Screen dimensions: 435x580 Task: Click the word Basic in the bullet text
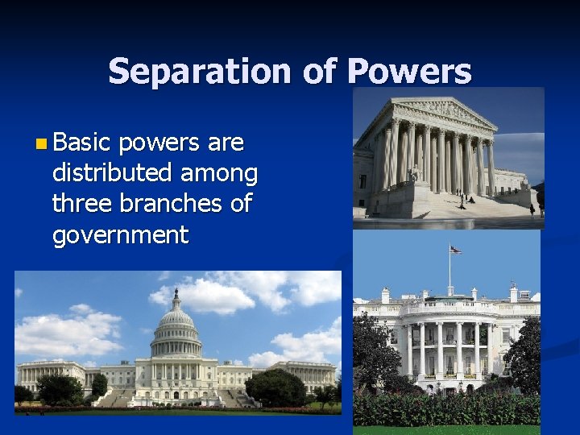[x=81, y=143]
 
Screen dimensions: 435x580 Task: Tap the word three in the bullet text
[x=83, y=204]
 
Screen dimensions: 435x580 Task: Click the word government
[x=120, y=234]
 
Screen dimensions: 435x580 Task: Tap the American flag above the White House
[x=455, y=251]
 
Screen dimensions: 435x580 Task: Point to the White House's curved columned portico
[x=447, y=346]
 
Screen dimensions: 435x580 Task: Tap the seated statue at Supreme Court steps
[x=415, y=172]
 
